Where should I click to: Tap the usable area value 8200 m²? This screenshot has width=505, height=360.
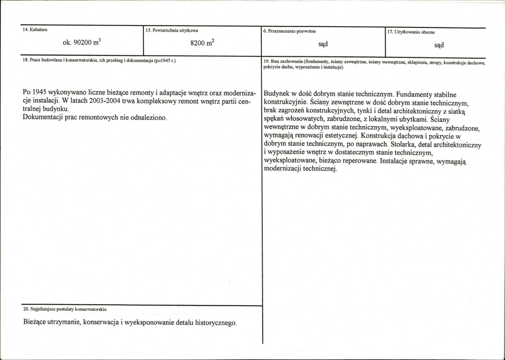pyautogui.click(x=202, y=43)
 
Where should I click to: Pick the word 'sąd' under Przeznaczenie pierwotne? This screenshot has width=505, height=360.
pyautogui.click(x=323, y=44)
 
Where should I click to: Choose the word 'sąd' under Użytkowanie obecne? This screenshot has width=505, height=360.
pyautogui.click(x=439, y=45)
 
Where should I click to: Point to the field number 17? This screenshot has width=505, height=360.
pyautogui.click(x=390, y=32)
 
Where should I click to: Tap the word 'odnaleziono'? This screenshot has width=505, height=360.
pyautogui.click(x=148, y=117)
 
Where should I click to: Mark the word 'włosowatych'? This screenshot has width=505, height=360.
pyautogui.click(x=307, y=119)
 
